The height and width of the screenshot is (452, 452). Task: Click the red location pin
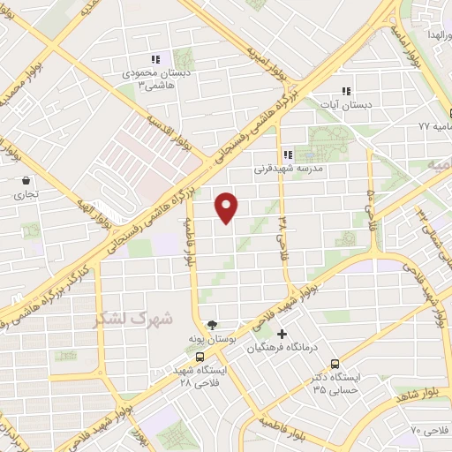pos(228,207)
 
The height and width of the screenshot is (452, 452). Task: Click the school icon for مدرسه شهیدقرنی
pos(287,154)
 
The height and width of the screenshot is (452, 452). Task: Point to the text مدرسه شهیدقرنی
pos(285,168)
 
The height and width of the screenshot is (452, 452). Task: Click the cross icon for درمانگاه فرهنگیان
pos(282,334)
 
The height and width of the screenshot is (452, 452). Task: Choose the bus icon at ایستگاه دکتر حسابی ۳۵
pos(335,363)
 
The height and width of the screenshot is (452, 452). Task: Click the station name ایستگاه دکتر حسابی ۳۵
pos(335,382)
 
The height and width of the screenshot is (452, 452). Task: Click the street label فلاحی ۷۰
pos(430,430)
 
